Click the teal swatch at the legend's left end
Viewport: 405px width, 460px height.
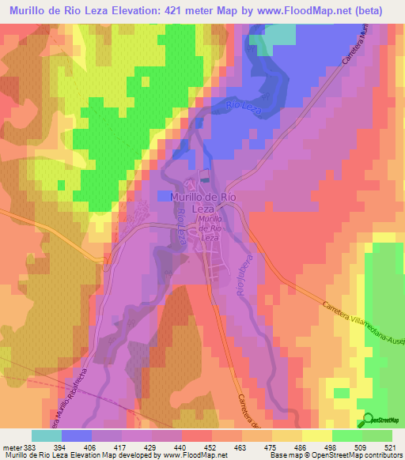point(47,435)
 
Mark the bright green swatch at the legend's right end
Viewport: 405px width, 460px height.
point(377,435)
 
